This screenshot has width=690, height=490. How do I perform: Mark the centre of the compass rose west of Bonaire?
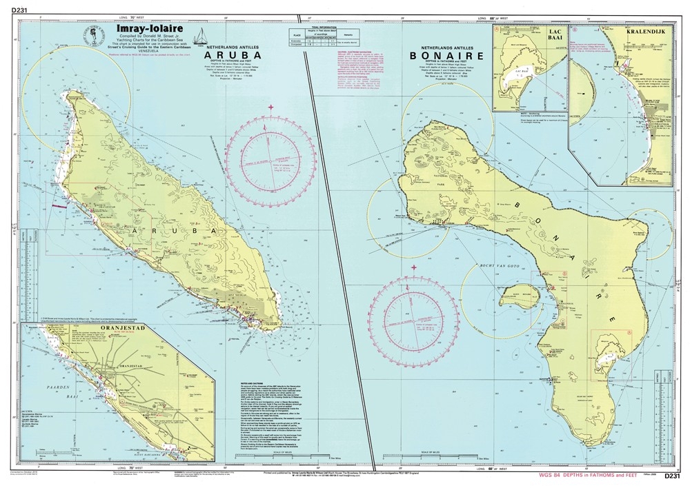tap(413, 320)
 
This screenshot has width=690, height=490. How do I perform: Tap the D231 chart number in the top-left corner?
tap(12, 8)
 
